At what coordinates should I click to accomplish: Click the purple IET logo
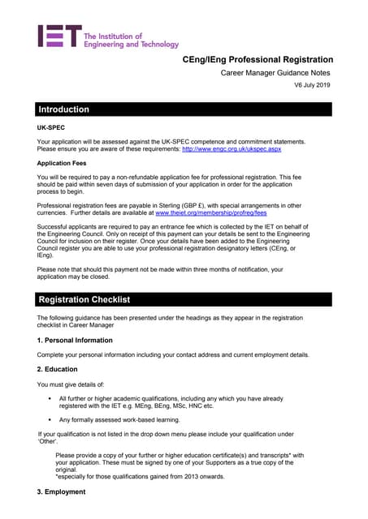pyautogui.click(x=59, y=36)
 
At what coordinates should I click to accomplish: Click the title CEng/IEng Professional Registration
pyautogui.click(x=257, y=59)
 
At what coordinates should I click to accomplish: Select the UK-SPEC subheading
pyautogui.click(x=52, y=128)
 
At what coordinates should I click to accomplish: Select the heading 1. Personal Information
pyautogui.click(x=75, y=340)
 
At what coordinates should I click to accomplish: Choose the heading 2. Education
pyautogui.click(x=58, y=369)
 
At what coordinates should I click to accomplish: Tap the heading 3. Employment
pyautogui.click(x=62, y=492)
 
